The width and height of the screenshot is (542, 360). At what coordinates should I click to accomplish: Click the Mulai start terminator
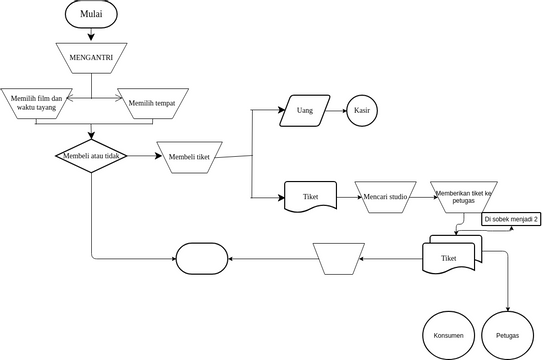92,14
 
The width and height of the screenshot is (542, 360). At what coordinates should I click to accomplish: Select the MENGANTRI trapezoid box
92,57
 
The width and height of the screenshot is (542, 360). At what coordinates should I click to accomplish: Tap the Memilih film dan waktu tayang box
36,103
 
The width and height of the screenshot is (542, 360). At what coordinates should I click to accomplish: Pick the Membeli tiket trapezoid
196,156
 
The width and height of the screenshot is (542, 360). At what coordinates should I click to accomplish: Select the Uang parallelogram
305,110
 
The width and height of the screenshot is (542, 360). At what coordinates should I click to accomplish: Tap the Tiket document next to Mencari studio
309,197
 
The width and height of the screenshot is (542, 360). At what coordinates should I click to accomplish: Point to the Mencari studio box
385,197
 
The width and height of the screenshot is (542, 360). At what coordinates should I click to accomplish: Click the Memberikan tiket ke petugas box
463,197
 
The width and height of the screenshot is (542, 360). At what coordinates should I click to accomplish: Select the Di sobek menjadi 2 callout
511,219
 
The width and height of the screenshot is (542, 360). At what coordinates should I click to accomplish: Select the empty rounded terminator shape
203,259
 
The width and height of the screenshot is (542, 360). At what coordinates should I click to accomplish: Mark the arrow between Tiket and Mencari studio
344,197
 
